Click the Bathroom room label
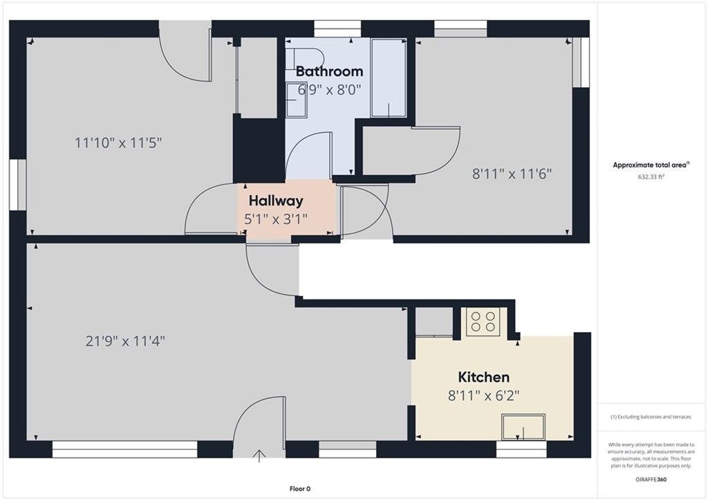(x=329, y=71)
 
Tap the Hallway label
(x=276, y=201)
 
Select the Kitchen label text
(x=483, y=377)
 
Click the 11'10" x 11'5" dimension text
(x=118, y=143)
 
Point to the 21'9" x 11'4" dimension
(x=125, y=340)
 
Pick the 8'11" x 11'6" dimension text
(x=512, y=174)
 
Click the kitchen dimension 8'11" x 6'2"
(x=483, y=396)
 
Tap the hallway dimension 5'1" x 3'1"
(x=276, y=219)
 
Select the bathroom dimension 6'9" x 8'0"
(x=330, y=90)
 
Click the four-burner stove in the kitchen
(x=483, y=321)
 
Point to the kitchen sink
(x=523, y=427)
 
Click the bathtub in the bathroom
(x=389, y=78)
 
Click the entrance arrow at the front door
(x=259, y=456)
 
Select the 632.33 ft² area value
(x=651, y=177)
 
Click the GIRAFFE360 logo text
(x=651, y=479)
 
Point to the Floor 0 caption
(x=300, y=489)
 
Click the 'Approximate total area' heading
(x=651, y=165)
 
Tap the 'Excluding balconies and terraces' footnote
(x=651, y=417)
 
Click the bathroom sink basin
(x=296, y=100)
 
